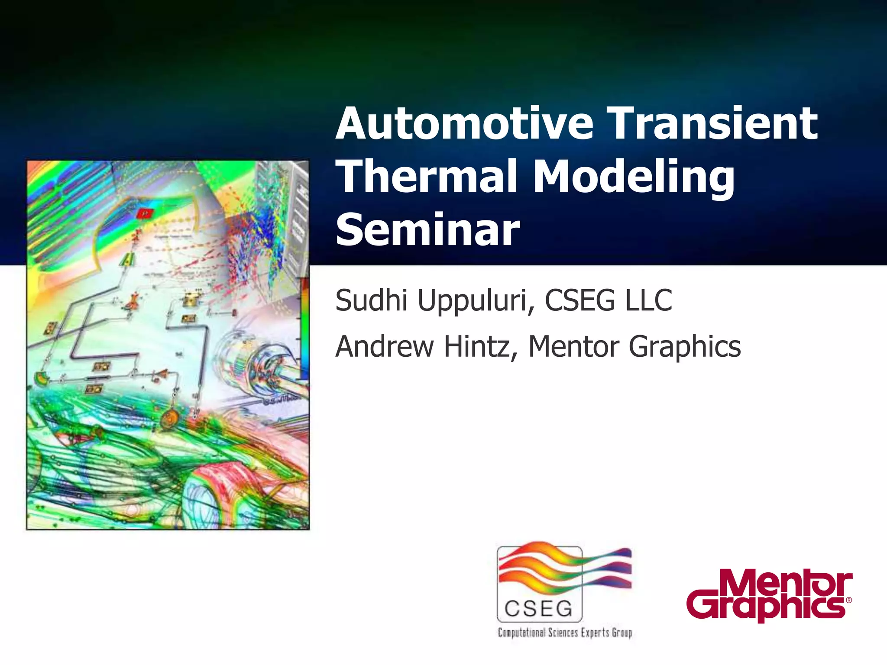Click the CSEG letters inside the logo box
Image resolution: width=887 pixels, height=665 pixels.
click(539, 609)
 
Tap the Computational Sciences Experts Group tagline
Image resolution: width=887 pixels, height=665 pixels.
click(565, 633)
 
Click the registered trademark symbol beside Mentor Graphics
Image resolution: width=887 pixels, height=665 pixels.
click(848, 600)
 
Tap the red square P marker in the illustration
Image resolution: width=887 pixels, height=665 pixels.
click(146, 213)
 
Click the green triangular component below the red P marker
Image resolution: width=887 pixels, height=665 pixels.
click(129, 259)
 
